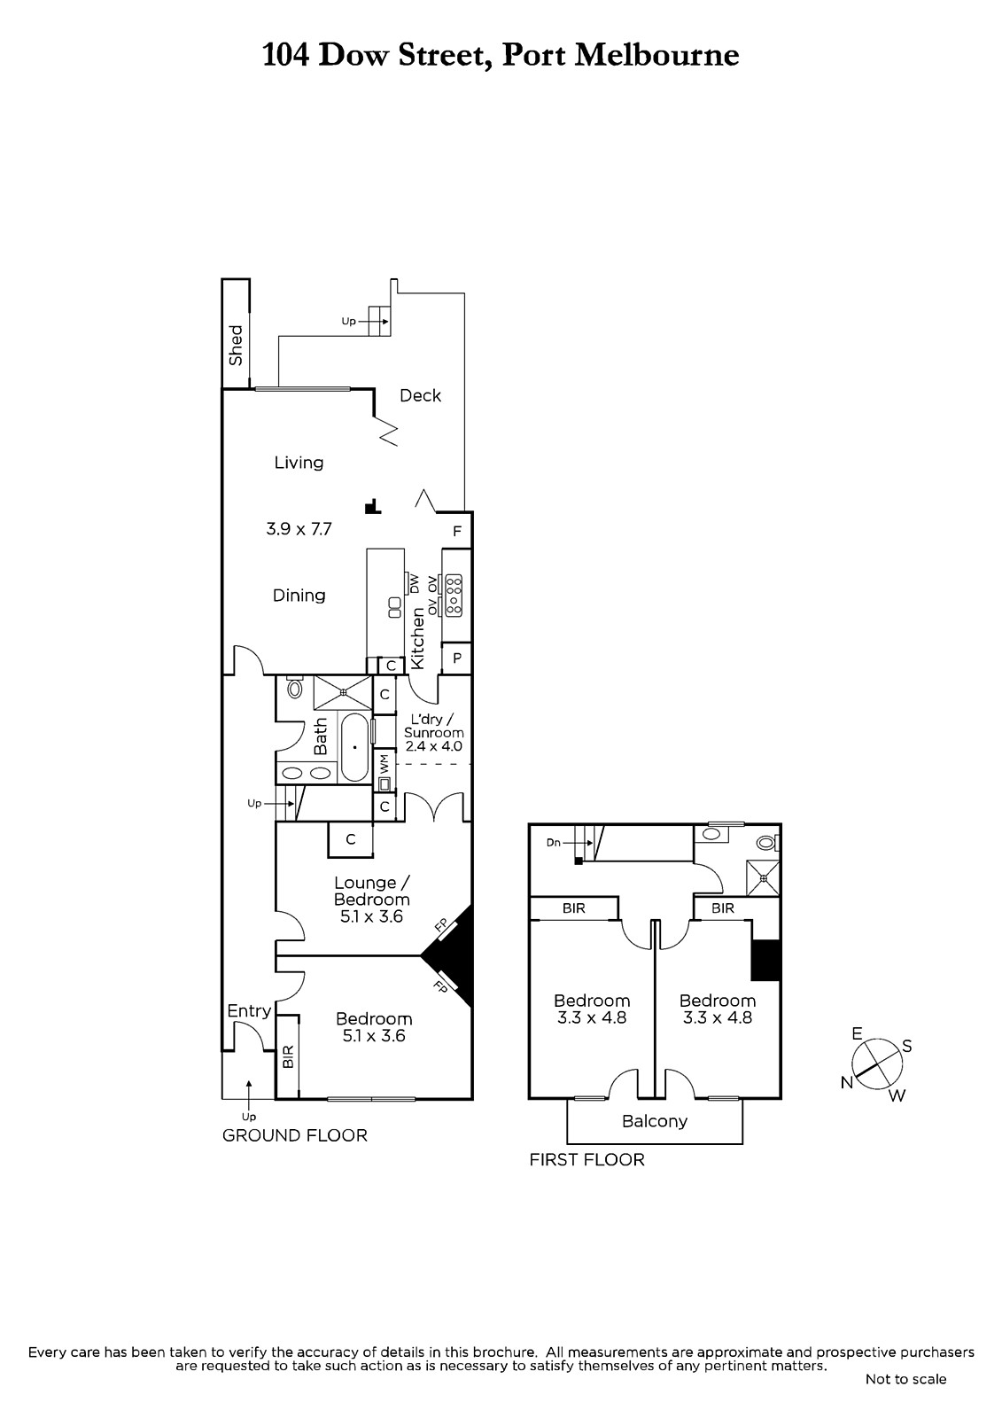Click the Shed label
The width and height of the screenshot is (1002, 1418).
click(236, 345)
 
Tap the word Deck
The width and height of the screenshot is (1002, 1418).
click(420, 395)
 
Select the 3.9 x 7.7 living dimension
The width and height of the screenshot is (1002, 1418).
click(299, 528)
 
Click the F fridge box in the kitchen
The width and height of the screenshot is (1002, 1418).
click(457, 531)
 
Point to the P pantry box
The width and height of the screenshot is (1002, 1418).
click(457, 658)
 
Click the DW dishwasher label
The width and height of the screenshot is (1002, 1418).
click(415, 583)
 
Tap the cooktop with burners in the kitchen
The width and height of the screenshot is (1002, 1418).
click(454, 595)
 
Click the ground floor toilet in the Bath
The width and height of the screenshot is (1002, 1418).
click(294, 687)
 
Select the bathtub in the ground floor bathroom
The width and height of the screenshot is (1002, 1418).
click(355, 748)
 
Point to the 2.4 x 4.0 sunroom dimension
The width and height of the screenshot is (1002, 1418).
click(433, 745)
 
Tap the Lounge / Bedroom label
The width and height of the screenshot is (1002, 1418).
click(372, 891)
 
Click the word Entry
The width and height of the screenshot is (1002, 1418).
click(249, 1011)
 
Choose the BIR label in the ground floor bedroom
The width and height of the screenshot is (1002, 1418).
click(288, 1056)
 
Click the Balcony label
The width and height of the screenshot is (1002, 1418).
click(655, 1121)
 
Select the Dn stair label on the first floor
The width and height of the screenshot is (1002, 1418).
click(553, 843)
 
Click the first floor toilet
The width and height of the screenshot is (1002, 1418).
click(767, 843)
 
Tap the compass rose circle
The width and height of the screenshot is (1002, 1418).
click(877, 1064)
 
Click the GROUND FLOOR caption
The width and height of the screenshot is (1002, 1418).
click(295, 1135)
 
